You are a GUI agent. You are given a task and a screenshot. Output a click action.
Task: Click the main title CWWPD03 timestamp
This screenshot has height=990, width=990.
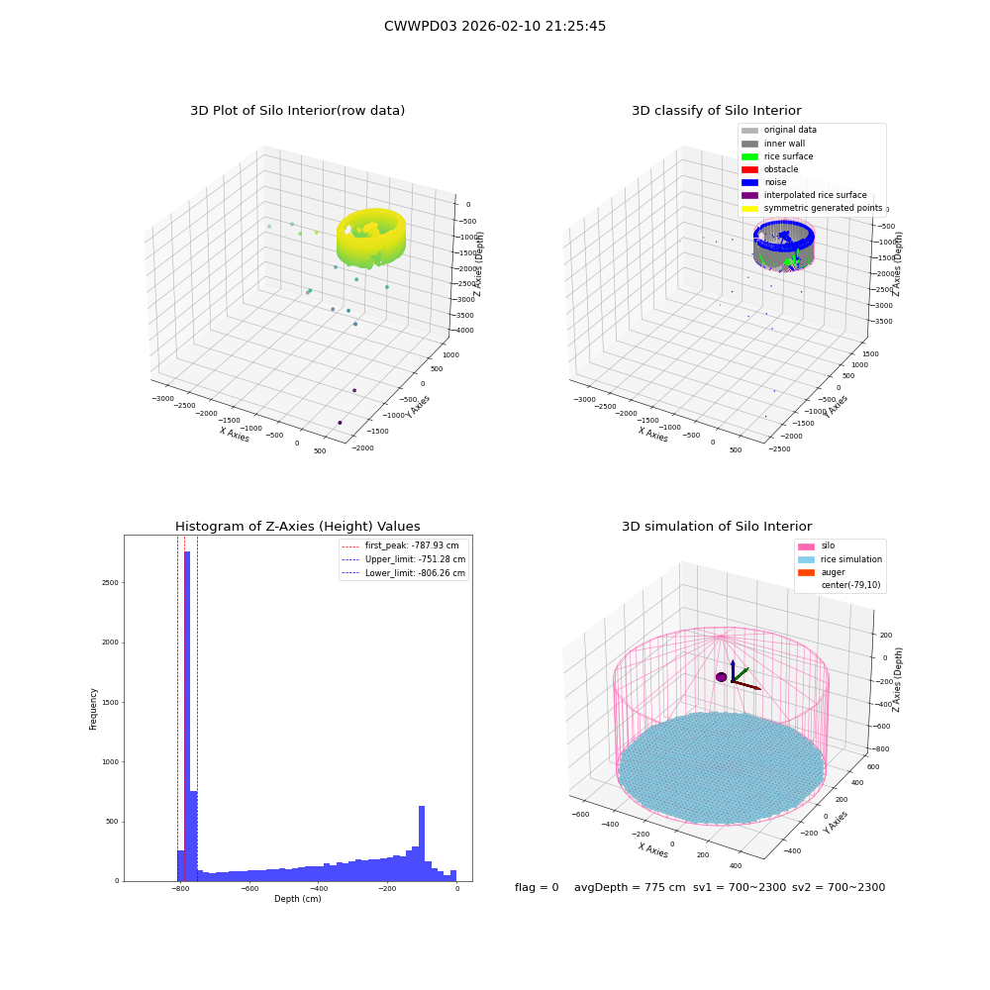click(x=495, y=27)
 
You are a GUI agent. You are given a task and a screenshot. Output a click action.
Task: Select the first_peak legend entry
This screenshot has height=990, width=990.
click(x=400, y=545)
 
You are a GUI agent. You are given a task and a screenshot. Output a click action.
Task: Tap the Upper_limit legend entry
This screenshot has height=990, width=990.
click(x=404, y=559)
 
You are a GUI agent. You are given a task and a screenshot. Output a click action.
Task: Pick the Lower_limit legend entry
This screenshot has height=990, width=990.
click(x=404, y=573)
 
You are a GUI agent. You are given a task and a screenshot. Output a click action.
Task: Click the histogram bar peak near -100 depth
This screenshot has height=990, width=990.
click(x=422, y=843)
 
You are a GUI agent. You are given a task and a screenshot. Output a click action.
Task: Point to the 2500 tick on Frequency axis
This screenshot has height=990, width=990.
click(x=110, y=583)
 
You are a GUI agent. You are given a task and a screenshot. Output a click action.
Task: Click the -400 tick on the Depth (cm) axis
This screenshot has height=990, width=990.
click(x=318, y=888)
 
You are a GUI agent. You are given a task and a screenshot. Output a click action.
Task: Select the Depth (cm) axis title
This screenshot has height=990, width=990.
click(x=298, y=899)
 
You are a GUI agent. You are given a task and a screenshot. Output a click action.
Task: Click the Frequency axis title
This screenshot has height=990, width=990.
click(x=93, y=709)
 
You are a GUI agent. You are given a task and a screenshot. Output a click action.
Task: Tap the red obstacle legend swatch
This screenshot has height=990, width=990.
click(x=749, y=170)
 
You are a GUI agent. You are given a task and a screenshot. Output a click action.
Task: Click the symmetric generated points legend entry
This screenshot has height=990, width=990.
click(x=812, y=208)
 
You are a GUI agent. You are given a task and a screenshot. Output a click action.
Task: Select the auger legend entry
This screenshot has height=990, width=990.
click(x=822, y=572)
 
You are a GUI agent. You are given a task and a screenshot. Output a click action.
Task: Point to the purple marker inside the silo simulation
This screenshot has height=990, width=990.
click(x=721, y=677)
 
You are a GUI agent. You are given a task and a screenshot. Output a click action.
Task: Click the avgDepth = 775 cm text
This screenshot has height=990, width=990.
click(x=630, y=888)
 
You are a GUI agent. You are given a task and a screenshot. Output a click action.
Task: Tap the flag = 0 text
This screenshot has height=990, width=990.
click(x=537, y=888)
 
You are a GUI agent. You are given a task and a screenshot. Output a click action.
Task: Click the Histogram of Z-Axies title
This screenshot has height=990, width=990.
click(x=297, y=527)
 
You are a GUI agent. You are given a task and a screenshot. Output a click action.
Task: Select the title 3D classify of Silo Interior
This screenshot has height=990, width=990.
click(x=717, y=111)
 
